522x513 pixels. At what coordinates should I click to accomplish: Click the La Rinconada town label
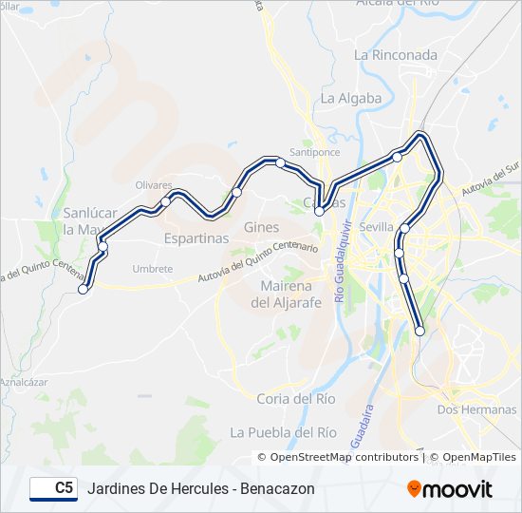click(396, 55)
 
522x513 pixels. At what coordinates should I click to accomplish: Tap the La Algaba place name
click(351, 98)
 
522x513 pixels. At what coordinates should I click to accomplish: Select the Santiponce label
click(314, 152)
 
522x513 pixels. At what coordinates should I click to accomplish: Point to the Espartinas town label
click(196, 238)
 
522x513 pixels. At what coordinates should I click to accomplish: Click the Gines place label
click(261, 227)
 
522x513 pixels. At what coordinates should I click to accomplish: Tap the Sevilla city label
click(377, 227)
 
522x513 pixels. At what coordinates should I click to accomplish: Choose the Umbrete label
click(153, 269)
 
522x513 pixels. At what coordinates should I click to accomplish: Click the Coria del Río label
click(296, 399)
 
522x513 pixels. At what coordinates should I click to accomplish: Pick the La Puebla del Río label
click(284, 432)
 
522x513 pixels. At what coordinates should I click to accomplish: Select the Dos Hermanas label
click(476, 409)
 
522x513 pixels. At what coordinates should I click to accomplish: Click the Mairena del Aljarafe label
click(289, 294)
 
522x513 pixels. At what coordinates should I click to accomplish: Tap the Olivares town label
click(154, 185)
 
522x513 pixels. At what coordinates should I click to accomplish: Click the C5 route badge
click(54, 488)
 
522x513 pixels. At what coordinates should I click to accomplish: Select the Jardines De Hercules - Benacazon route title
click(200, 488)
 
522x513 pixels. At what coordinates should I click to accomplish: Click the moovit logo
click(450, 489)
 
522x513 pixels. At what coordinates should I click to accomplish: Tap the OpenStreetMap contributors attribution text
click(344, 457)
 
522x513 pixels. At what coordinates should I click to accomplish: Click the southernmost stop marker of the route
click(420, 331)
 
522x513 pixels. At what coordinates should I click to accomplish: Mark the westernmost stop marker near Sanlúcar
click(84, 290)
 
